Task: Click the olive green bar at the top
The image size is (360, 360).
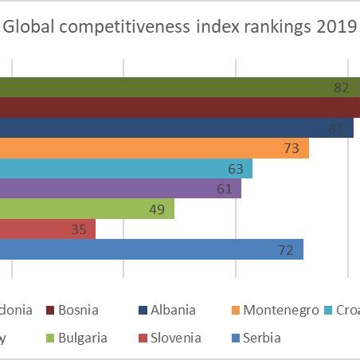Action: coord(175,87)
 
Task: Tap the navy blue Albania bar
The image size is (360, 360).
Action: coord(175,127)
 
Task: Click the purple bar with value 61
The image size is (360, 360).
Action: coord(119,189)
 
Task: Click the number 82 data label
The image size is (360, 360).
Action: coord(342,88)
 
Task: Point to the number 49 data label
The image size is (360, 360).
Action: coord(157,209)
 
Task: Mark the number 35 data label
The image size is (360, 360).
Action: coord(78,230)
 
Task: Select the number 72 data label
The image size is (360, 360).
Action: coord(286,250)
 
